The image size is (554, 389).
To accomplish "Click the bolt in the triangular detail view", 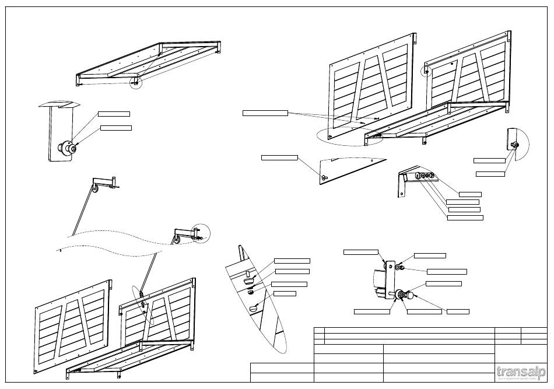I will click(x=324, y=177).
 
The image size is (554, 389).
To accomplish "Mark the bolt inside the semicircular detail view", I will click(x=514, y=145).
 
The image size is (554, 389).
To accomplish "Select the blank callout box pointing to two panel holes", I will click(x=265, y=113).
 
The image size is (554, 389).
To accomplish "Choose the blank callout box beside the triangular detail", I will click(x=279, y=157).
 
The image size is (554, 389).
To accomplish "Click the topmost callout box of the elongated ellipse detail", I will click(x=292, y=260).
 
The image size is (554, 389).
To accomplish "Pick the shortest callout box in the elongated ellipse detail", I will click(x=285, y=293).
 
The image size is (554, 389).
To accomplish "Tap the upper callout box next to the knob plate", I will click(x=114, y=113).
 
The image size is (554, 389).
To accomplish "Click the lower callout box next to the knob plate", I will click(x=116, y=128).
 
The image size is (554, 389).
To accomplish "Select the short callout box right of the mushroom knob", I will click(x=458, y=311).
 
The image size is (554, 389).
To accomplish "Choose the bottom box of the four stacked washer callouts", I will click(x=465, y=218).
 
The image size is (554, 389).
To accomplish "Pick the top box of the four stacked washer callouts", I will click(x=470, y=194).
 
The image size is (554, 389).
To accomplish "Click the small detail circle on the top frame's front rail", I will click(x=136, y=83).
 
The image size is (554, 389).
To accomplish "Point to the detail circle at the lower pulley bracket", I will click(x=201, y=232).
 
